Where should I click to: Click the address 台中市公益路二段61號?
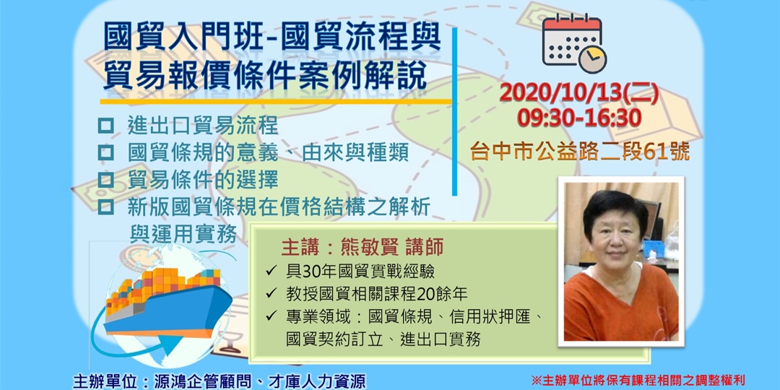point(579,151)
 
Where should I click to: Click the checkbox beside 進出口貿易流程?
point(106,125)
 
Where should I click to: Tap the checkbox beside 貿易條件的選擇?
point(106,178)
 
